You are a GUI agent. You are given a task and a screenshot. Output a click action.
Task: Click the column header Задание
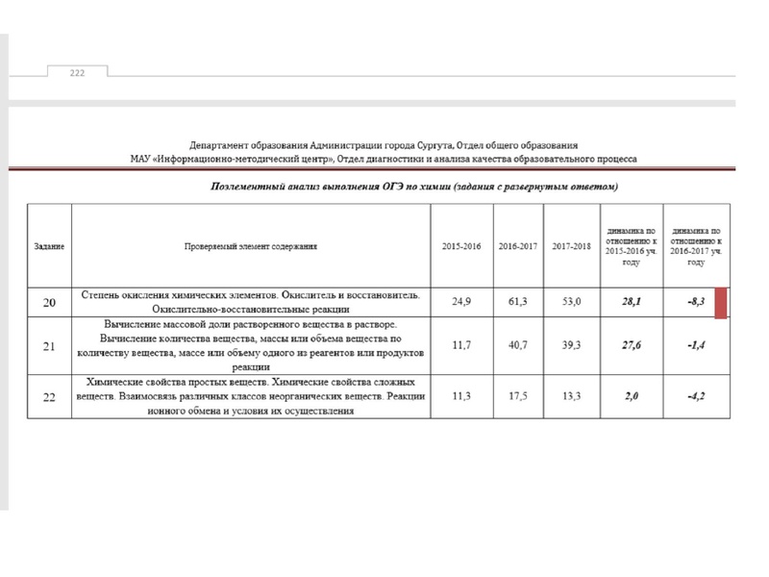(x=49, y=247)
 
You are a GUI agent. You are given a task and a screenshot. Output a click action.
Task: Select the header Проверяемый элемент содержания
(x=252, y=247)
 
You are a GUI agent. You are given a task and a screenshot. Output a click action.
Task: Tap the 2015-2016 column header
(x=459, y=247)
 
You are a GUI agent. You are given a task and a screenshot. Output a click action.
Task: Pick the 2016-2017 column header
(x=517, y=247)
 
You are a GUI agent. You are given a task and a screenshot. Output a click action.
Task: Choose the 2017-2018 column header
(x=573, y=247)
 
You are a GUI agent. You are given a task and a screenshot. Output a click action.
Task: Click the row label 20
(x=49, y=302)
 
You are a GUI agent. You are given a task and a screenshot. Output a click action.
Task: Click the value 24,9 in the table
(x=459, y=302)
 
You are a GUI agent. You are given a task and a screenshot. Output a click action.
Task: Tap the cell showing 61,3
(x=517, y=302)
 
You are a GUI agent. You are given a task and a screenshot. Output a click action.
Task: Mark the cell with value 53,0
(x=573, y=302)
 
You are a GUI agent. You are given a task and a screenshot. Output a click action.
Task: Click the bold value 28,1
(x=632, y=302)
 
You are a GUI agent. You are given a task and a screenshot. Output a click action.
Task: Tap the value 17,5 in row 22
(x=517, y=396)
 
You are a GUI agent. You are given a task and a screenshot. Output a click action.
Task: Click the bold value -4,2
(x=697, y=396)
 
